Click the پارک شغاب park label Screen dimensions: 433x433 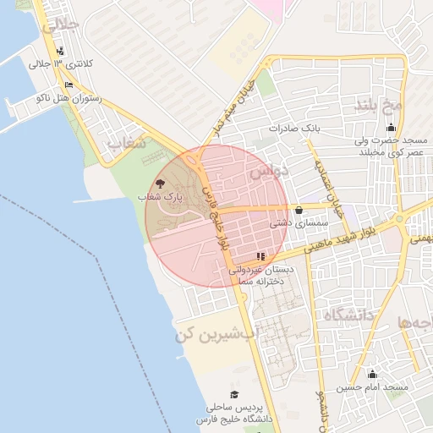click(161, 196)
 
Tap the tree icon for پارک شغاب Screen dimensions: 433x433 click(161, 183)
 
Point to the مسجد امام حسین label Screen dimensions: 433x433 click(373, 387)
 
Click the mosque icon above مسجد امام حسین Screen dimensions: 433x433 click(372, 374)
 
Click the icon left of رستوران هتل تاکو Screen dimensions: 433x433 click(69, 85)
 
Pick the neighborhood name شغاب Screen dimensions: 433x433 click(125, 144)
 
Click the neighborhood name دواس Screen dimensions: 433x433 click(269, 173)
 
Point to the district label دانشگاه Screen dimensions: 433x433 click(348, 316)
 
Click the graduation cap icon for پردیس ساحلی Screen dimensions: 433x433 click(234, 394)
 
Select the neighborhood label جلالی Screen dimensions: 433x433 click(60, 26)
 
